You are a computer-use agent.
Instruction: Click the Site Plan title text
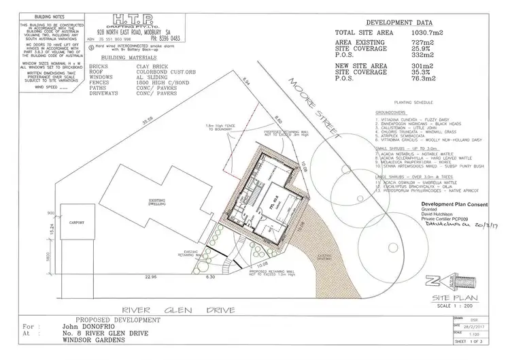tap(446, 297)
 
